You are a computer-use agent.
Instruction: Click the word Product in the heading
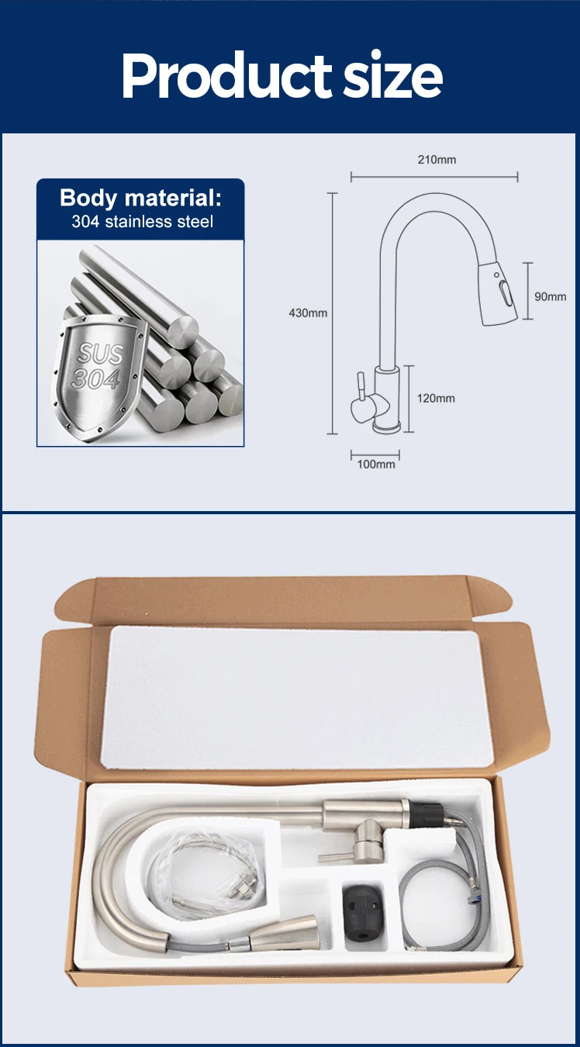tap(226, 75)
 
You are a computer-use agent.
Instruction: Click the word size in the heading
tap(392, 75)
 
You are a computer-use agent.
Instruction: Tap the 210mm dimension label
tap(437, 160)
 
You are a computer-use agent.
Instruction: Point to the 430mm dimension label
tap(308, 313)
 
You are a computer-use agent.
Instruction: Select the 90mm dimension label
tap(550, 297)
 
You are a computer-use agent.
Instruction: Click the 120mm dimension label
tap(436, 398)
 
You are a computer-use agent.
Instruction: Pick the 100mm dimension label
tap(376, 464)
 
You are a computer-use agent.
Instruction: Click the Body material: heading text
tap(140, 198)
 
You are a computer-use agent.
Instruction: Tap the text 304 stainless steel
tap(142, 222)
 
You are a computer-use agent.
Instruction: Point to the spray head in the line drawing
tap(499, 294)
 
